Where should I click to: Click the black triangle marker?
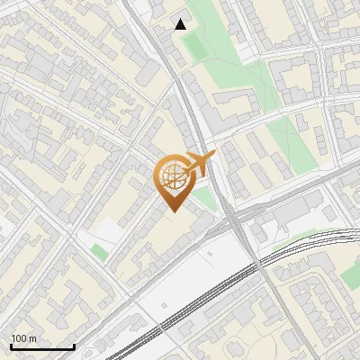click(x=181, y=24)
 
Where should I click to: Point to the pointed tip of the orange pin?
click(x=172, y=211)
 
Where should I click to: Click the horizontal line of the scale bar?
click(x=42, y=347)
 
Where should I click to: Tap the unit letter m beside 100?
click(x=33, y=338)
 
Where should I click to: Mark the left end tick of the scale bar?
click(x=11, y=346)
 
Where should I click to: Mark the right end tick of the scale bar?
click(x=74, y=346)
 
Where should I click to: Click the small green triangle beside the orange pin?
click(x=206, y=199)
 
